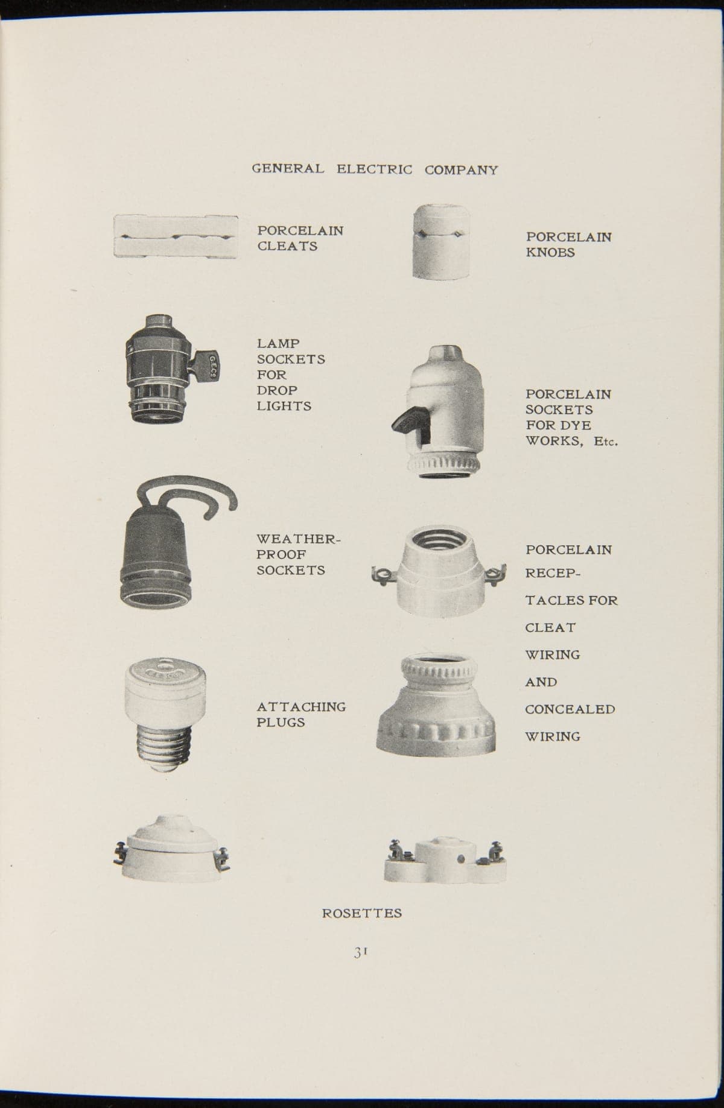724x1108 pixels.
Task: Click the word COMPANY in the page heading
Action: pos(461,170)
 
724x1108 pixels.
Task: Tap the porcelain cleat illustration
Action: pos(176,237)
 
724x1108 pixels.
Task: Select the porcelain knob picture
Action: pos(442,241)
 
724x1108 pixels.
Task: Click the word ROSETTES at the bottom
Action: pos(361,913)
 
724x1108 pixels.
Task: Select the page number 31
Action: pos(361,952)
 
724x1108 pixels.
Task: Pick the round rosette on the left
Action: pos(172,847)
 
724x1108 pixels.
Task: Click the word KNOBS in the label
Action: pos(550,253)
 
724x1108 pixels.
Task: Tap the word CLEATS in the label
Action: pos(287,246)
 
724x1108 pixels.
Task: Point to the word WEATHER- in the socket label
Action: pos(299,539)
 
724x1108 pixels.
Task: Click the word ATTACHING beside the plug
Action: pos(301,706)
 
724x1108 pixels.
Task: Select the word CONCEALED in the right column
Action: pos(570,709)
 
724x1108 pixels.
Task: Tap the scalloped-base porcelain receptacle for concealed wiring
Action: pos(436,708)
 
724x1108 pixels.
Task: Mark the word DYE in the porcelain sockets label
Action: pos(576,425)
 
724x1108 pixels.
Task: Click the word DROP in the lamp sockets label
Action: pos(277,390)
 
